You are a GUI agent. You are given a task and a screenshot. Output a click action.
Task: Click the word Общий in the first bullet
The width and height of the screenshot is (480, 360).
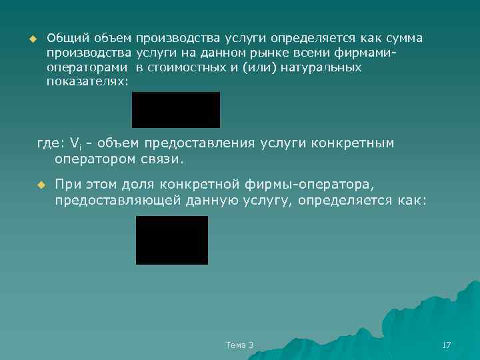click(x=64, y=38)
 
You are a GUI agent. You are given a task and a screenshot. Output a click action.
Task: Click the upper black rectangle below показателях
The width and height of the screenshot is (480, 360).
click(x=176, y=110)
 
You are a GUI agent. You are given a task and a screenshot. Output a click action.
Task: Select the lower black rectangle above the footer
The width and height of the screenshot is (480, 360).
click(x=172, y=240)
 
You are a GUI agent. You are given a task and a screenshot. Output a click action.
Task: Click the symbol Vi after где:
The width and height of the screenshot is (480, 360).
click(x=75, y=144)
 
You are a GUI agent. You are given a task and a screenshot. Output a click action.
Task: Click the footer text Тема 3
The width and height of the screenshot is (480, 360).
click(x=239, y=345)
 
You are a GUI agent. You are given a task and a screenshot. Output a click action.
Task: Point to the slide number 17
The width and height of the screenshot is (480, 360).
click(x=447, y=345)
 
